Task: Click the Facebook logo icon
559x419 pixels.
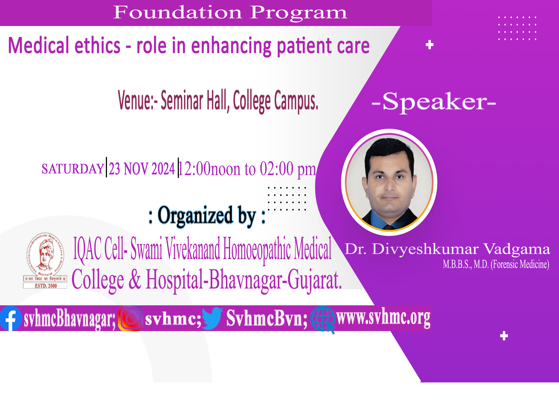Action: [11, 318]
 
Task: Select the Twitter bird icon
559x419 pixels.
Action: [212, 318]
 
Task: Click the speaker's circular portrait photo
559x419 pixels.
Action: [389, 182]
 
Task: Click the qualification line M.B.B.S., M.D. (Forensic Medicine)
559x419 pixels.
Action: [496, 264]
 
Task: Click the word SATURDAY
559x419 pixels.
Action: [73, 169]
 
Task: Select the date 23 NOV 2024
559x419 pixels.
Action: [142, 169]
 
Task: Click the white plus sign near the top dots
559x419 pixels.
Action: [430, 45]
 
